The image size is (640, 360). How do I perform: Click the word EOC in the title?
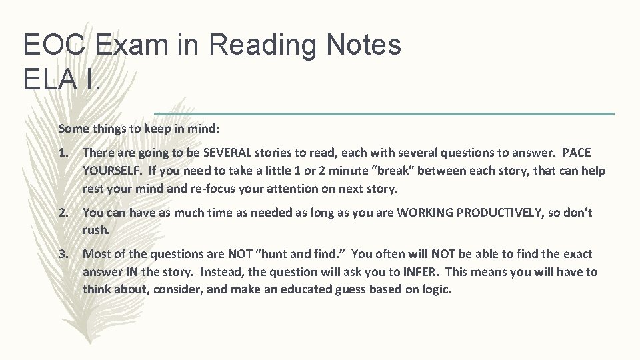click(x=55, y=45)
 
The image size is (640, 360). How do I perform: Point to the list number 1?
click(x=64, y=153)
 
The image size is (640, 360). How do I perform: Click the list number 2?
click(x=64, y=213)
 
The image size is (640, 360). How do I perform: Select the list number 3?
click(x=64, y=254)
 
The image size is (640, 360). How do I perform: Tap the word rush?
click(x=97, y=230)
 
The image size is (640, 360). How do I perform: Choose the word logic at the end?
click(x=434, y=290)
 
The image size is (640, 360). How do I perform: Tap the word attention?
click(x=292, y=189)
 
